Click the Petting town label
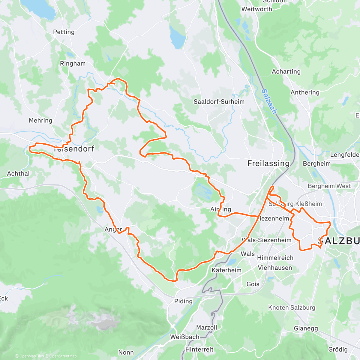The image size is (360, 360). coord(64,32)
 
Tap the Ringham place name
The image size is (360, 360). coord(73,64)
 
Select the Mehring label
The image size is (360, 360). coord(40,120)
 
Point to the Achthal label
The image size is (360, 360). coord(18,173)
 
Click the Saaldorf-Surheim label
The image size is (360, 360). coord(219,102)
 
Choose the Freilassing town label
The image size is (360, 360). coord(268,163)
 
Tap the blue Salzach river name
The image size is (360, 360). coord(269,101)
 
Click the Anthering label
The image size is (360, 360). coord(305,92)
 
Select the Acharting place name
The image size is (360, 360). coord(286,71)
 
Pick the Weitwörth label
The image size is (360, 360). coord(257,9)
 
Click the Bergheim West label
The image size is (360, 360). coord(329,186)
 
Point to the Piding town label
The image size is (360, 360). coord(183,301)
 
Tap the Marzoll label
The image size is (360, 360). coord(206,327)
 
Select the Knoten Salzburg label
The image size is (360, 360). coord(292,307)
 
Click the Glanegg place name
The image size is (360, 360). coord(306,328)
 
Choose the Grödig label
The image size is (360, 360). coord(338,349)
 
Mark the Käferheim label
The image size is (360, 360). coord(226,270)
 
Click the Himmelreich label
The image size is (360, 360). coord(275,258)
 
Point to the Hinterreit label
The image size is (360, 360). coord(199,349)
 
